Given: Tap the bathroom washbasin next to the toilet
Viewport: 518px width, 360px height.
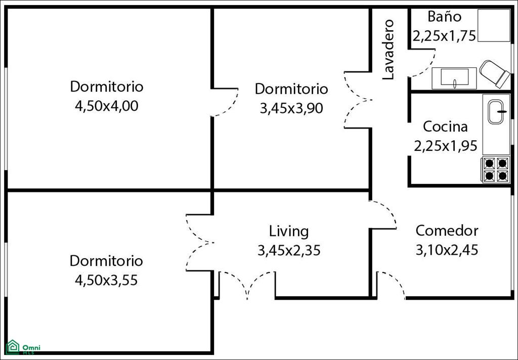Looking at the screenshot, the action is coord(454,78).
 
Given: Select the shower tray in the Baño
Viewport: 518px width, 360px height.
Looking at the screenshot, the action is coord(494,25).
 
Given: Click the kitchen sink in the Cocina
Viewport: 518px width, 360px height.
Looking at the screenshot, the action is coord(496,112).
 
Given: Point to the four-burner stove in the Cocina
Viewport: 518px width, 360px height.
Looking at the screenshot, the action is coord(496,170).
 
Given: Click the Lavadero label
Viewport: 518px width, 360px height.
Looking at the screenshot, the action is coord(388,50).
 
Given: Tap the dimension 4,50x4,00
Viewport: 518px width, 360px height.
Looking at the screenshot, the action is coord(106,106).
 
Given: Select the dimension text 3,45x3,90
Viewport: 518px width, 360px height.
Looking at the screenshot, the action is coord(291,108).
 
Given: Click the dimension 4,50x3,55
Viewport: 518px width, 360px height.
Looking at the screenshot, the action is coord(106,281).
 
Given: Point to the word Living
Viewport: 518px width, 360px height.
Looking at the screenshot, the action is coord(289,231).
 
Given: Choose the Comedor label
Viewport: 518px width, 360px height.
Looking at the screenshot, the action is coord(447,231).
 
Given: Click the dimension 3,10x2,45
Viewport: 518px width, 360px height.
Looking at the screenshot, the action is coord(447,250).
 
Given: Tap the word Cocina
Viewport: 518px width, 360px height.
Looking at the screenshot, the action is coord(445,127).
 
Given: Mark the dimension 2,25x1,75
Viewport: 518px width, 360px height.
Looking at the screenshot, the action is coord(444,36).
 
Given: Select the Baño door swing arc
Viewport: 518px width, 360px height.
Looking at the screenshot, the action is coord(426,67).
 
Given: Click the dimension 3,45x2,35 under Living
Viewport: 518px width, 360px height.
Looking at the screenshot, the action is coord(289,250).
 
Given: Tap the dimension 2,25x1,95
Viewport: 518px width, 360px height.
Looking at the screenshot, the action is coord(446,146).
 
